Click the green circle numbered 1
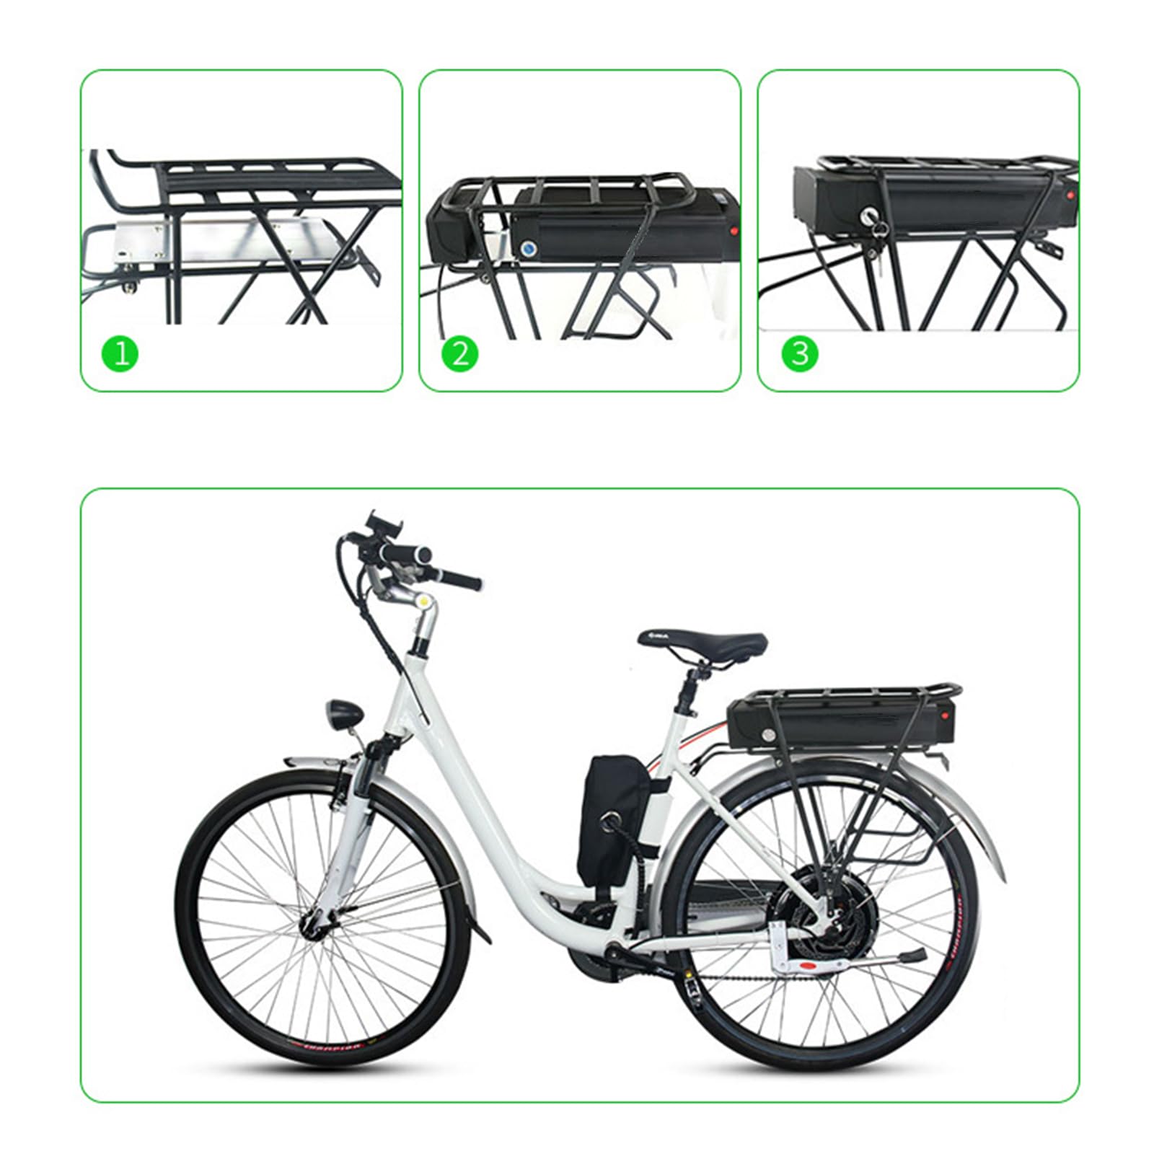[x=120, y=353]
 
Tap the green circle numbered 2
[x=459, y=353]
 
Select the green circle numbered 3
[x=799, y=353]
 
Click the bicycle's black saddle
[x=704, y=641]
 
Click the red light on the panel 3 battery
[x=1070, y=195]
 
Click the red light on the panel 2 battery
[x=735, y=232]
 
